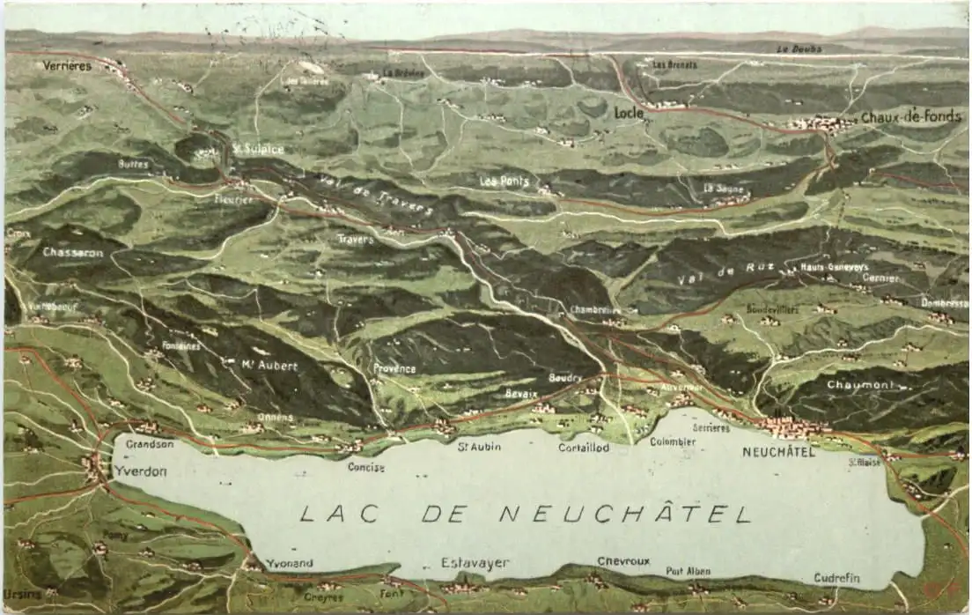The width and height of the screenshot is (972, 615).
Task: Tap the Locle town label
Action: (x=629, y=114)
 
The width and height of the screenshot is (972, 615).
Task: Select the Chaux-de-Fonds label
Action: (x=910, y=117)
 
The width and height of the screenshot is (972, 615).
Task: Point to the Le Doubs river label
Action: (x=800, y=49)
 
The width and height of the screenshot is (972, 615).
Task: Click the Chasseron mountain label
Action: (x=72, y=252)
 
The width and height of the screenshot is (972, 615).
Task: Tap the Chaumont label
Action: (x=859, y=385)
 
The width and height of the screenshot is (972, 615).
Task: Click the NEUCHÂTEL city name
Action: (x=778, y=452)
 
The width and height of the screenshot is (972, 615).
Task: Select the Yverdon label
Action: (x=140, y=471)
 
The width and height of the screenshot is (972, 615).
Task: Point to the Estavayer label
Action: (x=475, y=563)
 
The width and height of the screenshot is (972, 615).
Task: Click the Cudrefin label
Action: (x=836, y=579)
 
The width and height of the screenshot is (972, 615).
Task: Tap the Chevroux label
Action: (x=623, y=560)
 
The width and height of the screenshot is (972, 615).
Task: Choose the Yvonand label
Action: (x=289, y=563)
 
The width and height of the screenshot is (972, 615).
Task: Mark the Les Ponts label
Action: (x=504, y=181)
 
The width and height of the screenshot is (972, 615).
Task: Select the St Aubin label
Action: (x=479, y=447)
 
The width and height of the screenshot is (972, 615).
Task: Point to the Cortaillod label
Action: (x=583, y=448)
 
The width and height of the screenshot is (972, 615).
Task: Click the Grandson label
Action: (x=150, y=444)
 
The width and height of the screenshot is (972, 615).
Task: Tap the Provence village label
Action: (x=394, y=368)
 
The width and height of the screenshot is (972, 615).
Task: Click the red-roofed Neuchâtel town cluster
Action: (x=797, y=427)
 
